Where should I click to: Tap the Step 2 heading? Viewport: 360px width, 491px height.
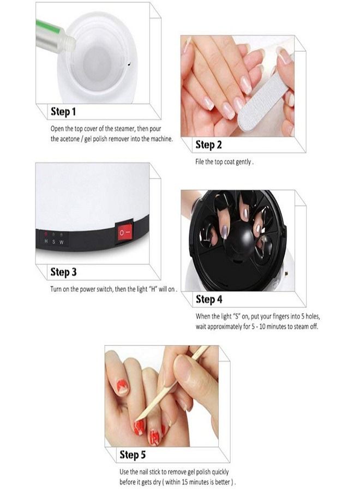click(x=209, y=145)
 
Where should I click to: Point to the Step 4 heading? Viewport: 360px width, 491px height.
click(x=209, y=300)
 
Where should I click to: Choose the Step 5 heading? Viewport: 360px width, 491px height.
click(x=133, y=455)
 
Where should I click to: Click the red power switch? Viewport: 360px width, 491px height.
click(x=123, y=233)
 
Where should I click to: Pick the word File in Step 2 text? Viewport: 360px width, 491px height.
click(x=200, y=162)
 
